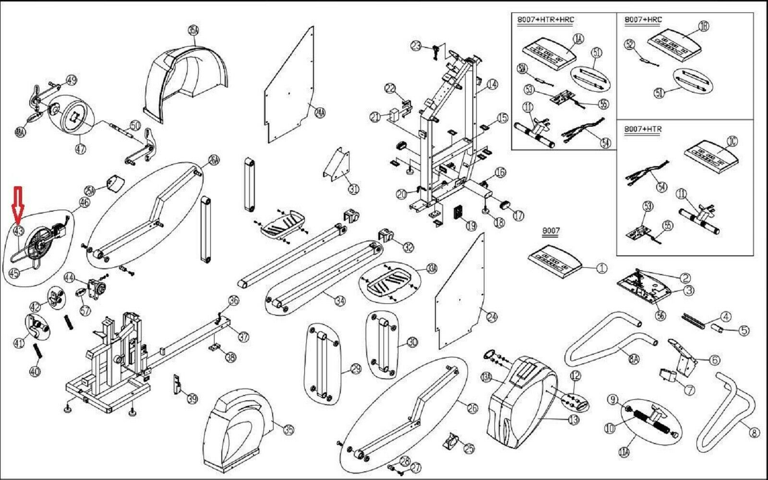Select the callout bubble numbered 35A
(x=193, y=31)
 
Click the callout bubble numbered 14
(x=492, y=85)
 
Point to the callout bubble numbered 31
(x=354, y=189)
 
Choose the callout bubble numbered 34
(x=340, y=301)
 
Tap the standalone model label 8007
(x=551, y=231)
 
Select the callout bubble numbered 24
(x=492, y=317)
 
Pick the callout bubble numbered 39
(x=192, y=398)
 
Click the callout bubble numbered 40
(x=35, y=371)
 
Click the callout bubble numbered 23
(x=416, y=46)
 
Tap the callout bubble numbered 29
(x=356, y=369)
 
